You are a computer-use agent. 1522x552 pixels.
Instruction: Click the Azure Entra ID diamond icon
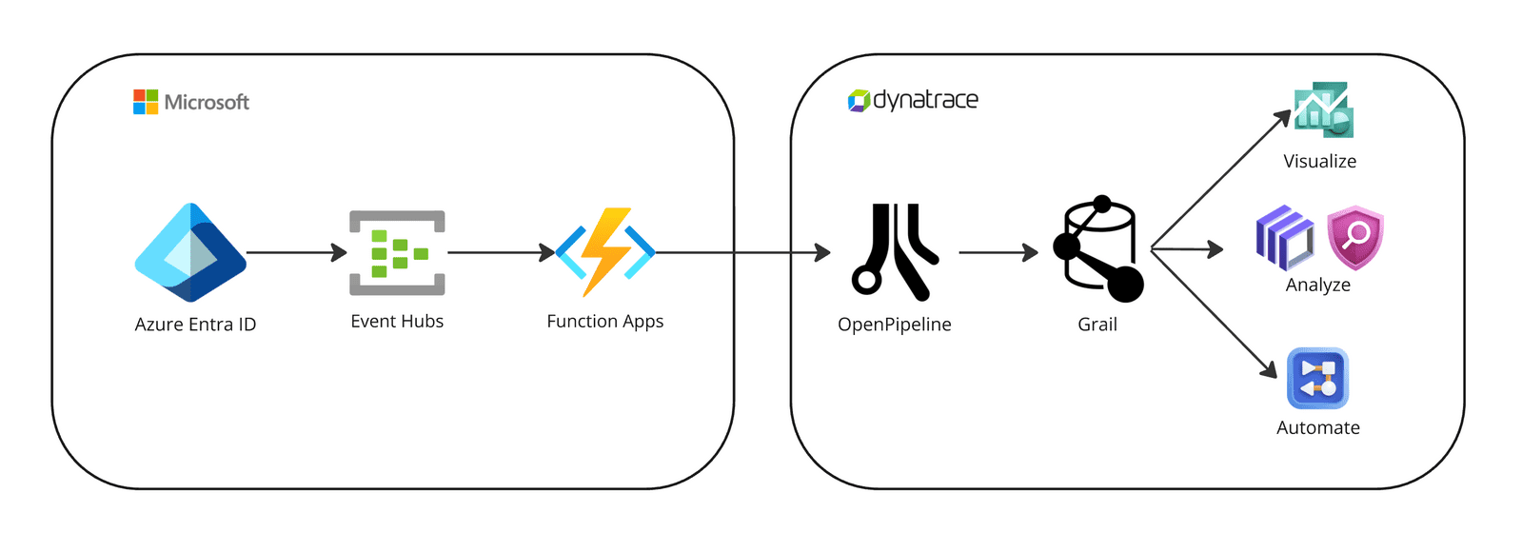[x=190, y=252]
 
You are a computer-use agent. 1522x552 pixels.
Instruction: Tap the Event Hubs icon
[x=397, y=252]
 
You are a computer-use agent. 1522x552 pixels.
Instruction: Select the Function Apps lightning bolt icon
[x=605, y=251]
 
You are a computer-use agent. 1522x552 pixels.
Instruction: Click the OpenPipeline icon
[x=894, y=251]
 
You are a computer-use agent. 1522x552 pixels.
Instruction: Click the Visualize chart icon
[x=1322, y=110]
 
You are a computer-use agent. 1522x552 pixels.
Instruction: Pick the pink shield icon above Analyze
[x=1354, y=237]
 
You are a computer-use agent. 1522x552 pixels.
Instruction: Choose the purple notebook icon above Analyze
[x=1284, y=238]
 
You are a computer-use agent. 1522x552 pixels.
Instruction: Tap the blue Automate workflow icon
[x=1317, y=378]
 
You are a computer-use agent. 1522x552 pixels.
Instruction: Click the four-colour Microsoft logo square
[x=146, y=102]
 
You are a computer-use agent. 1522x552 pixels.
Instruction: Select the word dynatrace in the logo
[x=925, y=100]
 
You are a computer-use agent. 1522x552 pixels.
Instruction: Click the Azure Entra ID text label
[x=195, y=325]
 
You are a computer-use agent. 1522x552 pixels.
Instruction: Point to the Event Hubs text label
[x=397, y=322]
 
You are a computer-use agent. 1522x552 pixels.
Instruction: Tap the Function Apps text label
[x=604, y=322]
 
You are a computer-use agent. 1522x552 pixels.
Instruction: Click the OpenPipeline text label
[x=894, y=325]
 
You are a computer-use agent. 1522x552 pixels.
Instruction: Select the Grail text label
[x=1097, y=325]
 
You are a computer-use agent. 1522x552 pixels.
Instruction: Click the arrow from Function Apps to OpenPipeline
[x=742, y=252]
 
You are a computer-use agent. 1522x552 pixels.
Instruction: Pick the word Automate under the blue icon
[x=1317, y=428]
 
